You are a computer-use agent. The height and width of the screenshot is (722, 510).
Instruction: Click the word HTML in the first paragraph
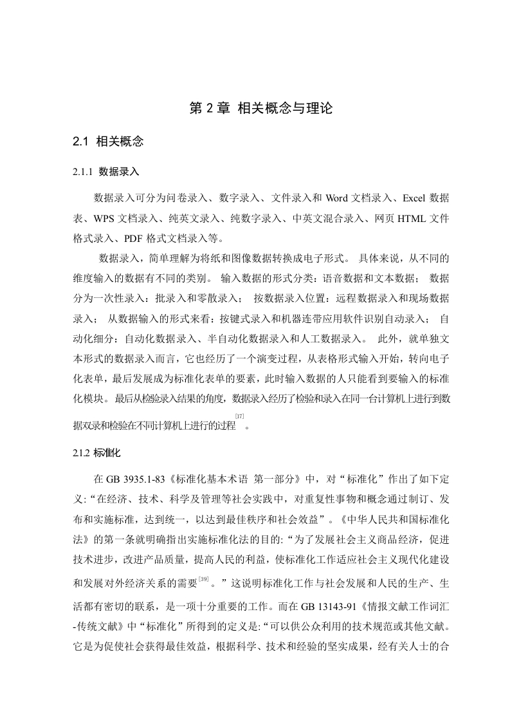point(399,218)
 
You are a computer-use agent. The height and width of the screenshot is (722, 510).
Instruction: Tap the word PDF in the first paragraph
point(106,239)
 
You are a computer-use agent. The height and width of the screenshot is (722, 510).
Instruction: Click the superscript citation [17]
point(239,417)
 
